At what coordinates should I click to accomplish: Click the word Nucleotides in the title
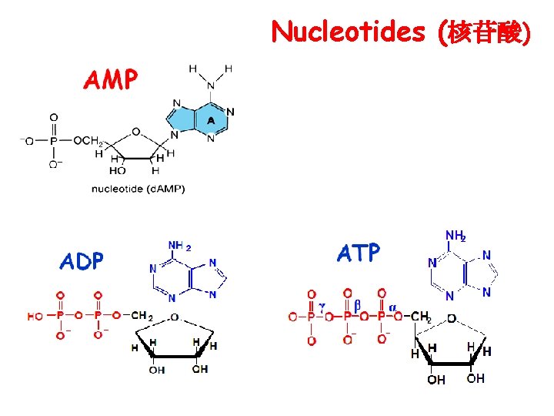click(x=348, y=32)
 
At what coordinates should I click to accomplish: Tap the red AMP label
click(x=111, y=79)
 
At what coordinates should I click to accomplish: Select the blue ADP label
click(x=82, y=261)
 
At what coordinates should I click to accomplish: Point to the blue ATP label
click(x=359, y=252)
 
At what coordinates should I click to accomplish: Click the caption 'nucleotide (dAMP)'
click(x=138, y=188)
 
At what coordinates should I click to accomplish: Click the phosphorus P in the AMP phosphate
click(x=53, y=141)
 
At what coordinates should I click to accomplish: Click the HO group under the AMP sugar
click(x=118, y=170)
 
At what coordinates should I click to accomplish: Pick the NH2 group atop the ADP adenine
click(x=179, y=247)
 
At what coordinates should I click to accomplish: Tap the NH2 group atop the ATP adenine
click(x=456, y=236)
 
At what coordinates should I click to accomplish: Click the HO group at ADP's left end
click(x=35, y=316)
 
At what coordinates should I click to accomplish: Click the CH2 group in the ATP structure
click(x=421, y=317)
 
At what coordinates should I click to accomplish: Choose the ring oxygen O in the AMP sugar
click(x=135, y=130)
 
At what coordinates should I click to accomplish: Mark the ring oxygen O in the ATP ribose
click(x=451, y=317)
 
